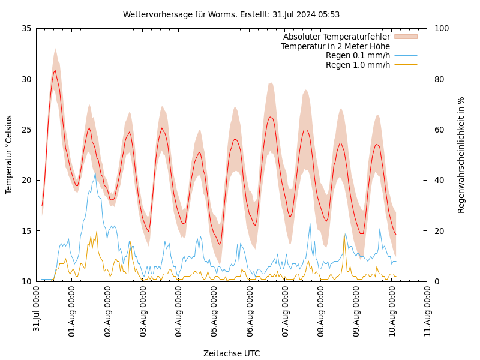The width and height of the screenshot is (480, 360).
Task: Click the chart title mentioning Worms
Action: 231,14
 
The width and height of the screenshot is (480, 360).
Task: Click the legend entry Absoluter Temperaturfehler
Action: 336,37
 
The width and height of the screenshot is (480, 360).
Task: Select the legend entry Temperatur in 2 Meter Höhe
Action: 335,46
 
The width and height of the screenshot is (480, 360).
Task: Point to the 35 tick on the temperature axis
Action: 26,28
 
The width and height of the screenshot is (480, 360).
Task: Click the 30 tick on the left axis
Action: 26,79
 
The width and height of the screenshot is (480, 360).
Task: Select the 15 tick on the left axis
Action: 26,231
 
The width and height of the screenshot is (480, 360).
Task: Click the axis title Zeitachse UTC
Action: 232,353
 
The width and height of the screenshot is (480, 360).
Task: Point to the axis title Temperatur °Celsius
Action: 9,155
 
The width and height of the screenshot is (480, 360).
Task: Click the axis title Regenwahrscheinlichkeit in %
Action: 461,155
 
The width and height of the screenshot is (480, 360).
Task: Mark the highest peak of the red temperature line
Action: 55,70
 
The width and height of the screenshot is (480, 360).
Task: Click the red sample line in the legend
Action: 405,46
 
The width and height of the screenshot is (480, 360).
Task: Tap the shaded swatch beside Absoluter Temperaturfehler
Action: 405,37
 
